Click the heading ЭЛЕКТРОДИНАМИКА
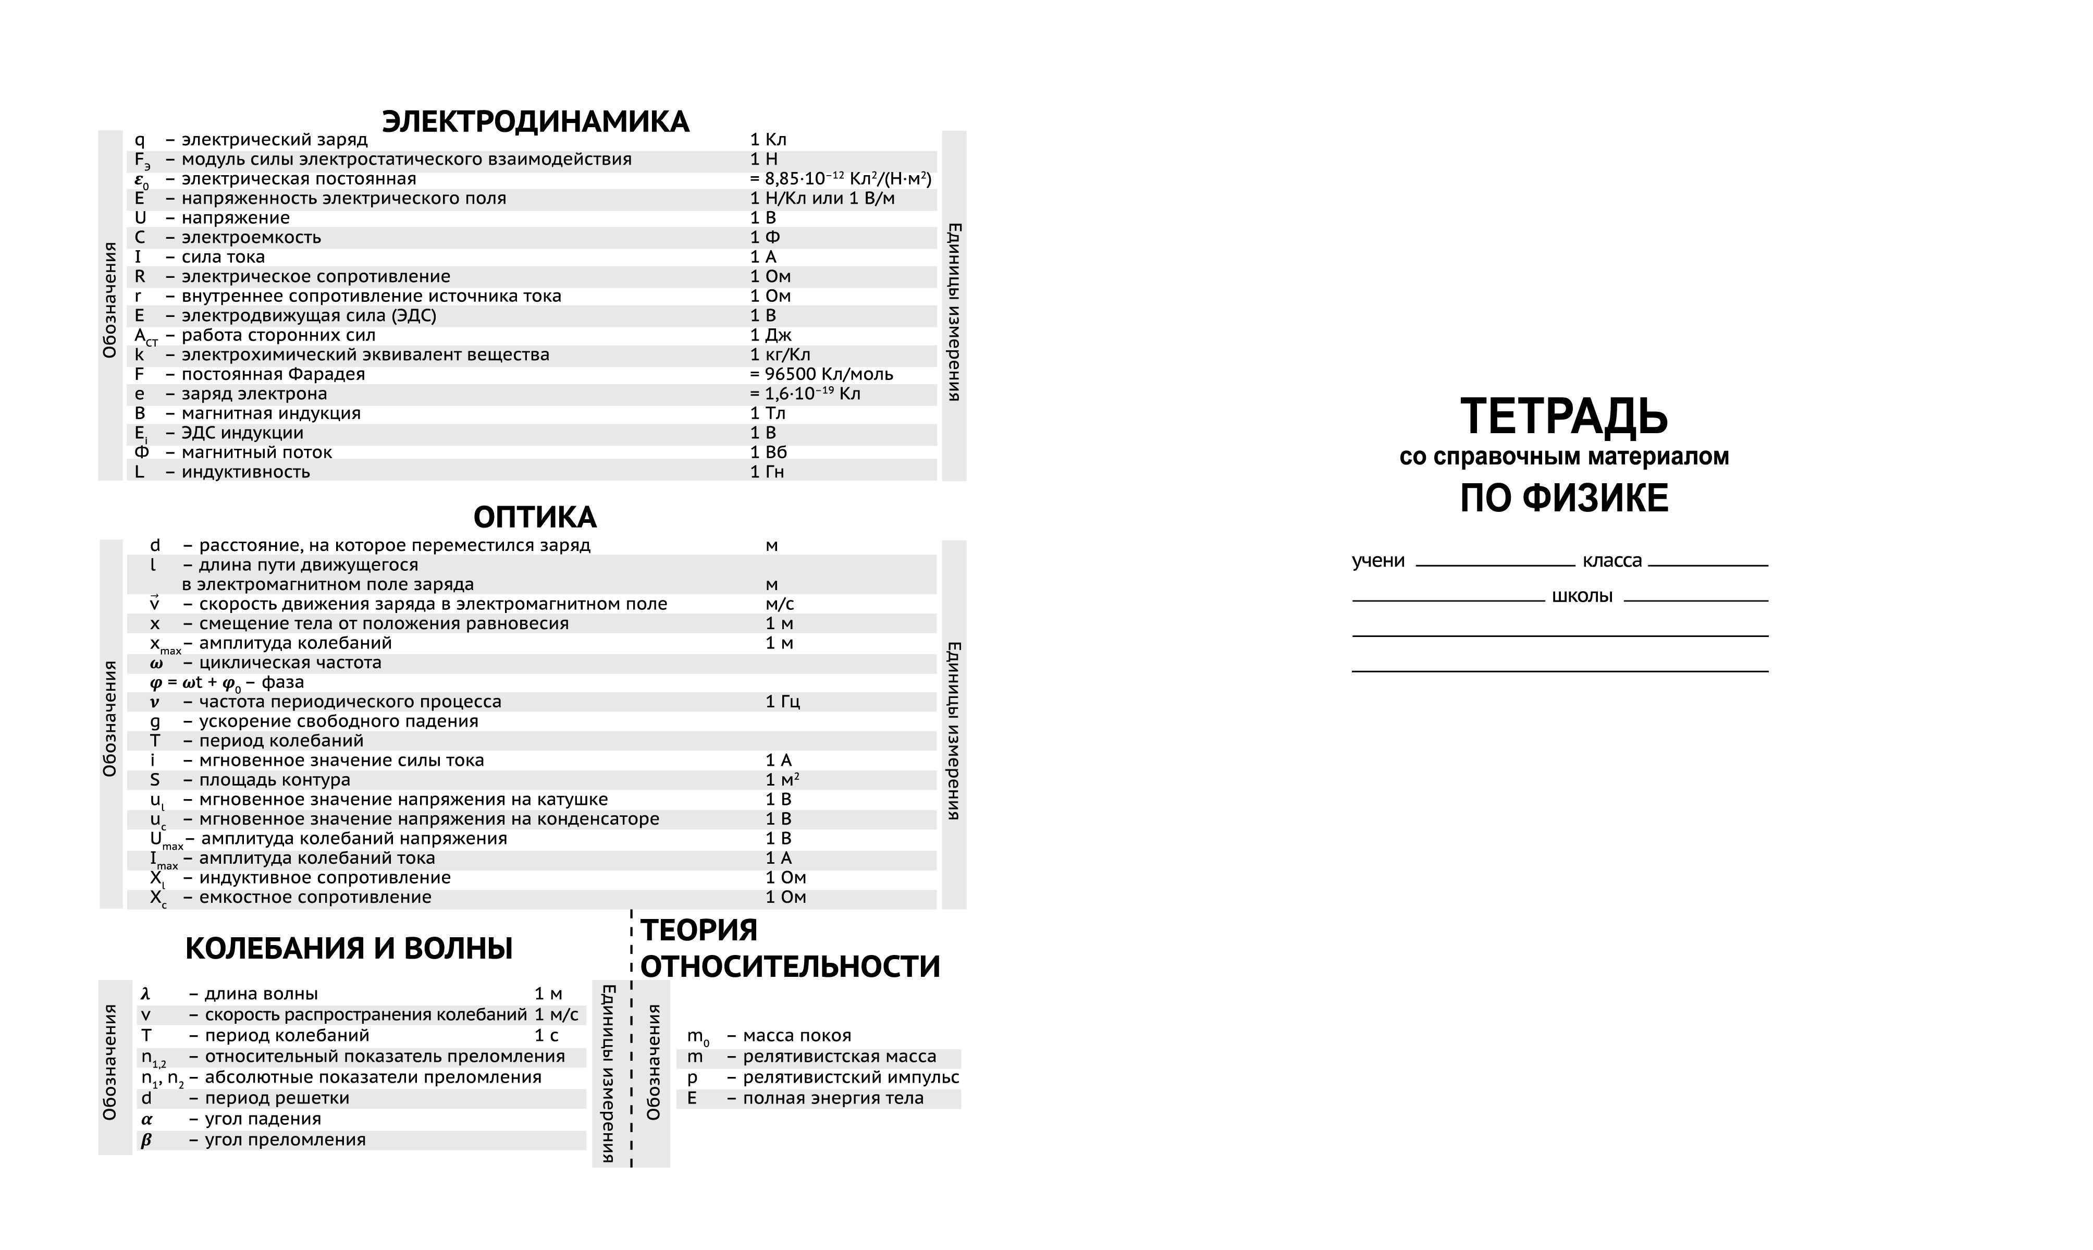pyautogui.click(x=535, y=121)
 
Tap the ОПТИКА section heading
pyautogui.click(x=535, y=517)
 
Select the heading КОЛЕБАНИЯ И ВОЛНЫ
pyautogui.click(x=349, y=949)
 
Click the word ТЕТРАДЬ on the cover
pyautogui.click(x=1563, y=415)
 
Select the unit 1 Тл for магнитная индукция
pyautogui.click(x=767, y=413)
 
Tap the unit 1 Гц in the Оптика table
pyautogui.click(x=782, y=702)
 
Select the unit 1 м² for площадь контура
pyautogui.click(x=782, y=780)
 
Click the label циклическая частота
pyautogui.click(x=290, y=663)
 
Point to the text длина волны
pyautogui.click(x=261, y=994)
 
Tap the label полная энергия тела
pyautogui.click(x=833, y=1098)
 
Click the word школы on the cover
pyautogui.click(x=1582, y=596)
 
